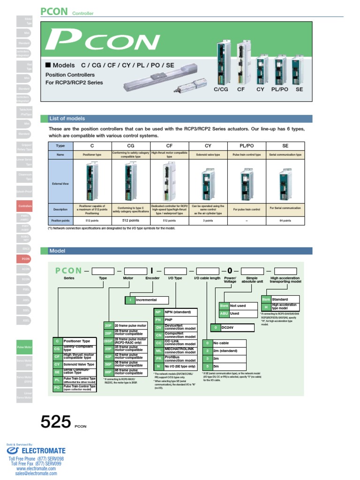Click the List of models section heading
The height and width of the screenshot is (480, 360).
(x=67, y=119)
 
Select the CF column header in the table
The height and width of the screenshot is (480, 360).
(x=169, y=146)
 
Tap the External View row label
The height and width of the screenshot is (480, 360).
(x=60, y=184)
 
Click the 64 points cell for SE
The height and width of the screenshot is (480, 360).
(x=285, y=220)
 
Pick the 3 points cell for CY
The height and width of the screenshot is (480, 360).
(x=208, y=220)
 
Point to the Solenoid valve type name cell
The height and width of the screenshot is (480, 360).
(x=208, y=154)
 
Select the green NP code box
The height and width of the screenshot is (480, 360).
(x=158, y=311)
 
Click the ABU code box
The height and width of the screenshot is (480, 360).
(x=224, y=314)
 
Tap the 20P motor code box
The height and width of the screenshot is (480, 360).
(x=108, y=325)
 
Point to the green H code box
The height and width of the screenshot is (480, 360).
(x=266, y=307)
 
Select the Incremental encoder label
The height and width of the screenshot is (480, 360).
(x=146, y=299)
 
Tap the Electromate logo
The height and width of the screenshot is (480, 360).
(x=36, y=450)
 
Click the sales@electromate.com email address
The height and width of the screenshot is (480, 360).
(x=36, y=473)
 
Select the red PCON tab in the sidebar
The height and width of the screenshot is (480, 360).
(x=25, y=258)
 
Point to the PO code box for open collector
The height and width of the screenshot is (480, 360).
(x=57, y=387)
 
